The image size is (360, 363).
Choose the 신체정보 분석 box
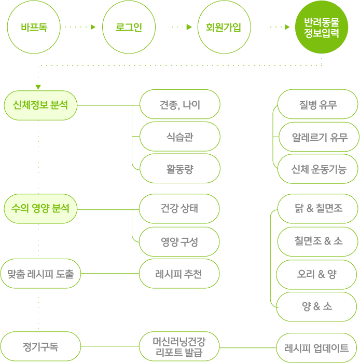coord(40,105)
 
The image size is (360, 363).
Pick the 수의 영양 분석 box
coord(40,209)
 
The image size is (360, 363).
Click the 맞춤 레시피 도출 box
coord(40,273)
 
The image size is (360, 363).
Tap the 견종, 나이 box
coord(179,105)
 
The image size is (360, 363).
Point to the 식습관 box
coord(179,137)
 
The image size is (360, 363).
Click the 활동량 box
coord(179,169)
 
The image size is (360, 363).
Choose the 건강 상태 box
coord(179,209)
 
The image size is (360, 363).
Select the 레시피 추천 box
coord(179,273)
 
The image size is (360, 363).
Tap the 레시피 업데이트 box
coord(316,347)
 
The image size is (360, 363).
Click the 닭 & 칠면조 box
coord(317,209)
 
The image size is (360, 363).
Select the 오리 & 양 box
coord(317,274)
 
